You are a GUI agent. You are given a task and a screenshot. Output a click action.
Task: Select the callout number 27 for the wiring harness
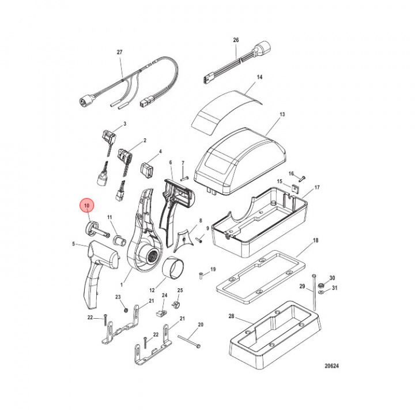120,52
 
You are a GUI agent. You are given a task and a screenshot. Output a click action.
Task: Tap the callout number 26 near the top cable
235,40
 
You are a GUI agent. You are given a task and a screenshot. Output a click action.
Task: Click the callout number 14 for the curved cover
259,77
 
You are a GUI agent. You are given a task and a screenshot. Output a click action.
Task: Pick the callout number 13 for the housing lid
282,115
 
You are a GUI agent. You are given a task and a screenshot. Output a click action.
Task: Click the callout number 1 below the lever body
122,284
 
